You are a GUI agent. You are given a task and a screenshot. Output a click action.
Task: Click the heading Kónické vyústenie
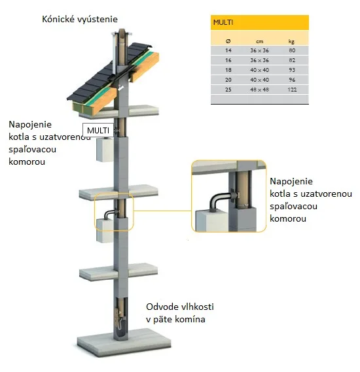(x=80, y=19)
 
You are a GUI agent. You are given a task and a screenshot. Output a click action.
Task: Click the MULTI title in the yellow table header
(x=223, y=22)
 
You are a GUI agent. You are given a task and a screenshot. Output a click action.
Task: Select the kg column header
(x=291, y=42)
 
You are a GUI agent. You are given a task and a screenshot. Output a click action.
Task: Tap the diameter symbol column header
(x=228, y=41)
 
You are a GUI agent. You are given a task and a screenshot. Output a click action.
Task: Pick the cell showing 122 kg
(x=292, y=90)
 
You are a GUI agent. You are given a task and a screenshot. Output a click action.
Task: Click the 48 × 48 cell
(x=259, y=90)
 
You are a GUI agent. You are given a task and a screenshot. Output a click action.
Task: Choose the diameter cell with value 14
(x=228, y=50)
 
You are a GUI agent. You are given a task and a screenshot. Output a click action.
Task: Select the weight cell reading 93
(x=292, y=70)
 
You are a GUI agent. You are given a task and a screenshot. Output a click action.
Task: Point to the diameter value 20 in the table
(x=228, y=80)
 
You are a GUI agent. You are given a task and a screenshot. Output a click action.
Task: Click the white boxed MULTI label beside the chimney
(x=98, y=130)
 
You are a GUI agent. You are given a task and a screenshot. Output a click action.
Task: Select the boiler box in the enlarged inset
(x=211, y=221)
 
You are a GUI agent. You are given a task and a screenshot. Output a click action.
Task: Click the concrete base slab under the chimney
(x=124, y=342)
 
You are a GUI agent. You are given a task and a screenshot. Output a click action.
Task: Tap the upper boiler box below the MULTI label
(x=105, y=150)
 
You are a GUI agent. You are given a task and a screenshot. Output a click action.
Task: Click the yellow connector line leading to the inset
(x=162, y=211)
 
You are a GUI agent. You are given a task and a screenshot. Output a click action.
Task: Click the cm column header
(x=260, y=42)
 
